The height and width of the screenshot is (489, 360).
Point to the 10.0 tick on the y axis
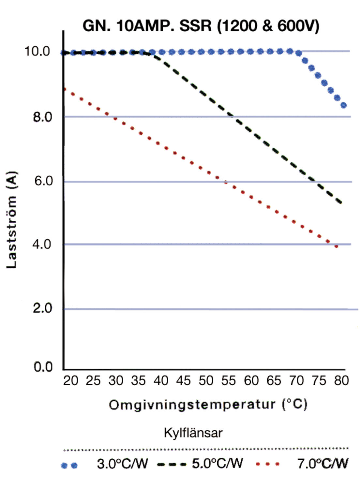37,51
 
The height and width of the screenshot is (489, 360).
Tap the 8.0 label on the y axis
42,117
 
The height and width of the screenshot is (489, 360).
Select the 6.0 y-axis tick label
43,181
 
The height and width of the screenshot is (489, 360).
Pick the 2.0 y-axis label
42,308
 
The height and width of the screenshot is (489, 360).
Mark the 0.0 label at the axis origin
43,367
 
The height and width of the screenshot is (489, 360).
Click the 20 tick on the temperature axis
70,380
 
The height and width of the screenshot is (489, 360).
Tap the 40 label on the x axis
160,380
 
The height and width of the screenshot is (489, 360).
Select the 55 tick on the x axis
228,380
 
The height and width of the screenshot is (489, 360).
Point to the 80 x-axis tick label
341,380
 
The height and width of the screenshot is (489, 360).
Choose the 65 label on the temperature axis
273,380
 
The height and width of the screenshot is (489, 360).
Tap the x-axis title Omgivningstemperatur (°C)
208,405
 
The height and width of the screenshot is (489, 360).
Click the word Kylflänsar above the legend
193,433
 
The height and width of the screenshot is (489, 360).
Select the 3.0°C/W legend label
122,464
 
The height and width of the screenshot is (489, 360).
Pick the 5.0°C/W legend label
217,463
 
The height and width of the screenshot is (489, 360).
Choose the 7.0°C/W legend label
322,463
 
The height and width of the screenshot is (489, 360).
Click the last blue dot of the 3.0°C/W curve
343,105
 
